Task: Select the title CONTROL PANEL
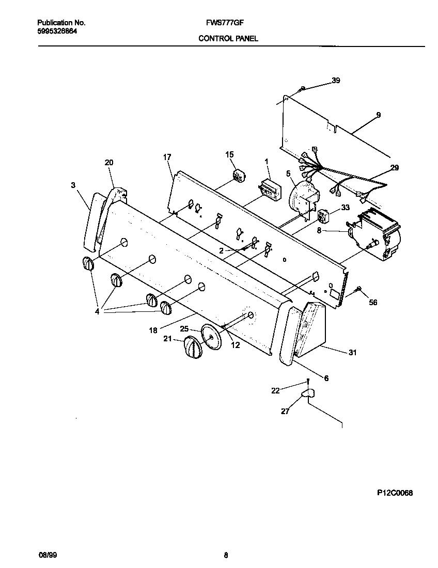[x=228, y=38]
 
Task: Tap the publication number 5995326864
[x=58, y=31]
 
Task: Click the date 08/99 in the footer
[x=48, y=555]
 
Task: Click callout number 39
[x=336, y=81]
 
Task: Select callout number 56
[x=373, y=302]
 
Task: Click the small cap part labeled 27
[x=308, y=395]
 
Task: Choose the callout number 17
[x=167, y=157]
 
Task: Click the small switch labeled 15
[x=239, y=176]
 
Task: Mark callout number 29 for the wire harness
[x=395, y=167]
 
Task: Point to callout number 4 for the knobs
[x=98, y=311]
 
